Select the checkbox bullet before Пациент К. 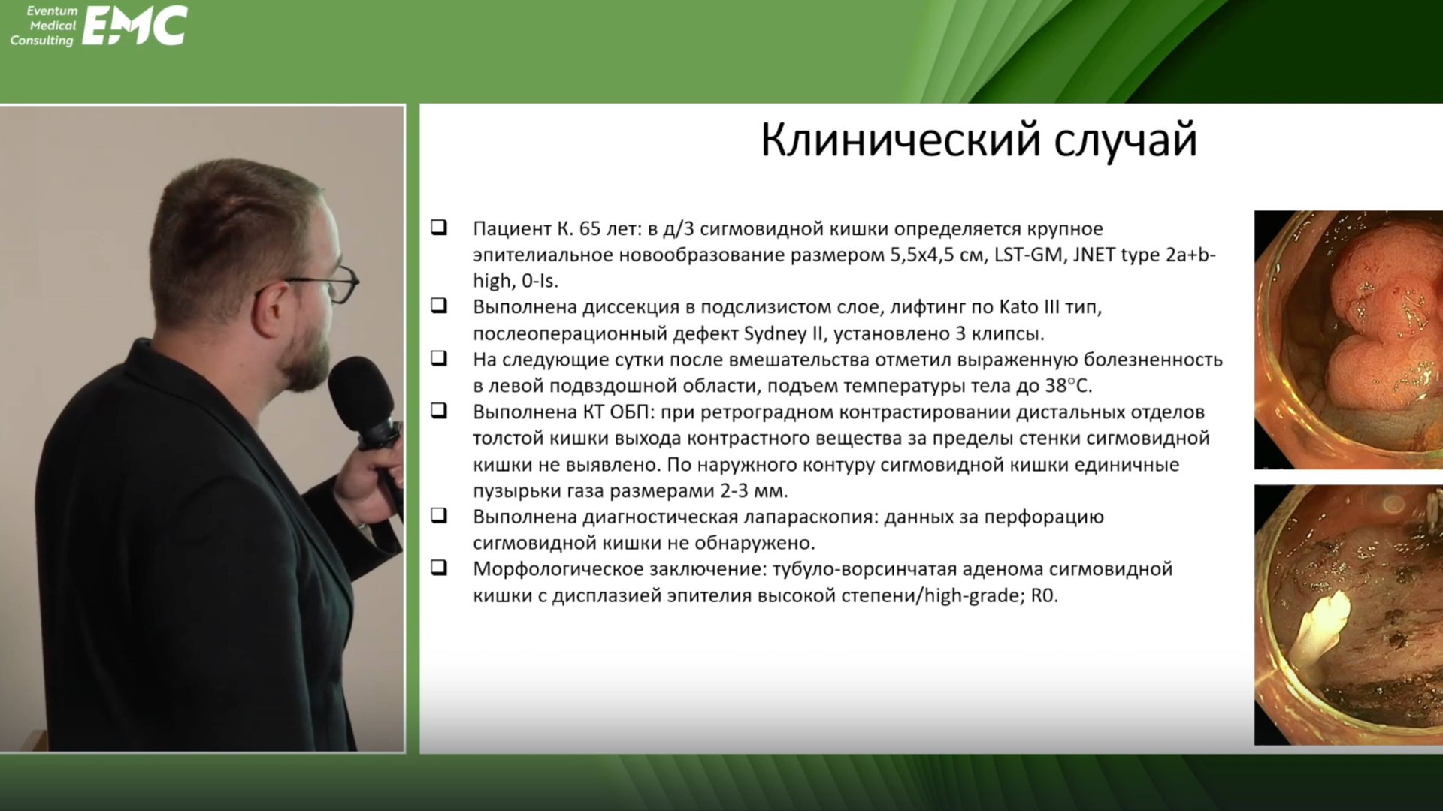439,227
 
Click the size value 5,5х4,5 935,255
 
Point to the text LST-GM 1029,255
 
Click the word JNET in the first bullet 1094,255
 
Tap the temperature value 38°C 1068,386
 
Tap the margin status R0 1044,595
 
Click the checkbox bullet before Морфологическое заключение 439,568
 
